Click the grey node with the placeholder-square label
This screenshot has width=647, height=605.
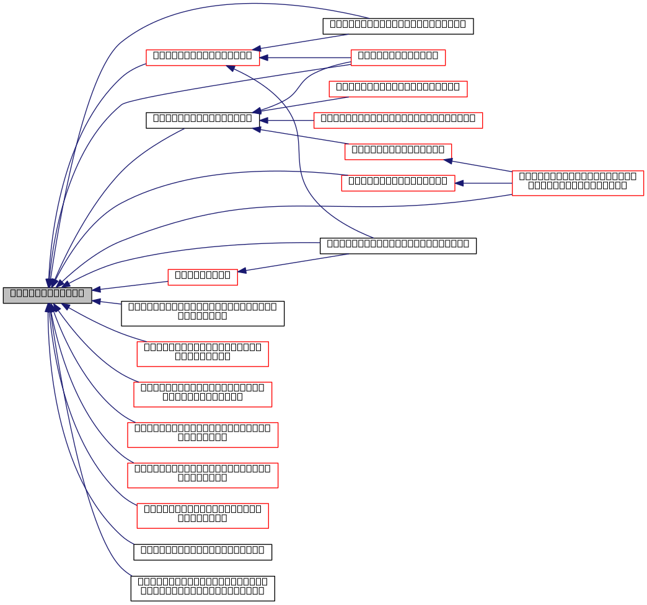47,295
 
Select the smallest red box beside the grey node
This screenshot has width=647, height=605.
202,277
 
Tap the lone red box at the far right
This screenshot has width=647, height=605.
578,183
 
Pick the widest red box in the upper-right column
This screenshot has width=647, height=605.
398,120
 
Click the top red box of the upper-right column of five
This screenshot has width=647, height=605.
398,58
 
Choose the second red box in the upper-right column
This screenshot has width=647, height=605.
398,89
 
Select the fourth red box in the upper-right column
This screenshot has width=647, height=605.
398,152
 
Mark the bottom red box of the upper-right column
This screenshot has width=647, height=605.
398,183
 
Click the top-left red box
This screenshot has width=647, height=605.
203,58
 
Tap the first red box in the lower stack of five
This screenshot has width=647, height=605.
202,354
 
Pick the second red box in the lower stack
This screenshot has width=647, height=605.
203,394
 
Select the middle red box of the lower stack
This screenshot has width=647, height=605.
203,435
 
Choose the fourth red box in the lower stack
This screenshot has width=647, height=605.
203,476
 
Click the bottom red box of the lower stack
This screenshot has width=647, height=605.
202,516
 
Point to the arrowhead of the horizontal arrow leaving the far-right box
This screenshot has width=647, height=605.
460,183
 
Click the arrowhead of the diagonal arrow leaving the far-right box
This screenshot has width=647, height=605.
448,161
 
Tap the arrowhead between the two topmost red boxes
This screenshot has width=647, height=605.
264,58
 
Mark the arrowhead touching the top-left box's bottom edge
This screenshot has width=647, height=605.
231,68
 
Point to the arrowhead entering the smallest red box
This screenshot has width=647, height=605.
242,271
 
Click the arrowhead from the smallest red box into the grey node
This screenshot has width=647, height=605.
96,289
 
